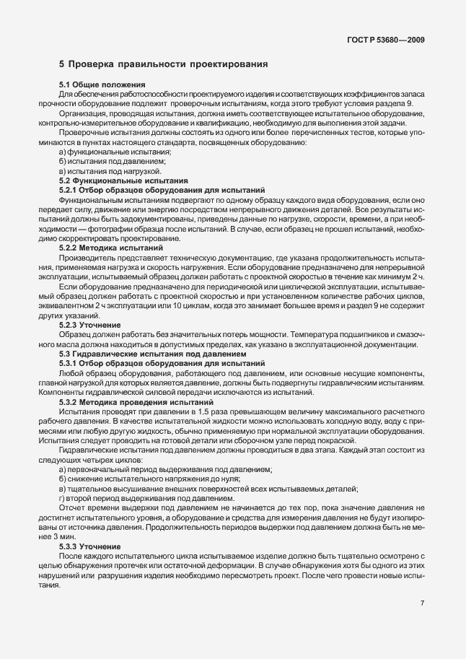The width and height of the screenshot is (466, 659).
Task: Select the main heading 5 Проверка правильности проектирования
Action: point(164,64)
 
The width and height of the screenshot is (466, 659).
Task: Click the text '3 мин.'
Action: point(66,537)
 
